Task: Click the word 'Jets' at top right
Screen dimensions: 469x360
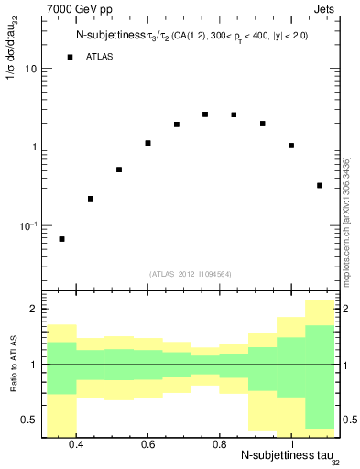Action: tap(325, 8)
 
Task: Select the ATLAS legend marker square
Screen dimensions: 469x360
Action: tap(70, 57)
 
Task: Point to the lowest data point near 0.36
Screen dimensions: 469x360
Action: tap(61, 239)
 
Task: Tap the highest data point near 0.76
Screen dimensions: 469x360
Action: tap(205, 115)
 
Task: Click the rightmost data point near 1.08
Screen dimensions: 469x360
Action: tap(320, 185)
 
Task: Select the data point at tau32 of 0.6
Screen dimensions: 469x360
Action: tap(147, 143)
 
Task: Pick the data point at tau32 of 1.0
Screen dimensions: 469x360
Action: tap(291, 146)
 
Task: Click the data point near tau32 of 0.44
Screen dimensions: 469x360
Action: tap(91, 199)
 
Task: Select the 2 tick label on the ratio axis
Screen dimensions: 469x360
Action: tap(33, 310)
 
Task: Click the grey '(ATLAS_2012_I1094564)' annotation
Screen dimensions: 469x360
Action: tap(191, 273)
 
